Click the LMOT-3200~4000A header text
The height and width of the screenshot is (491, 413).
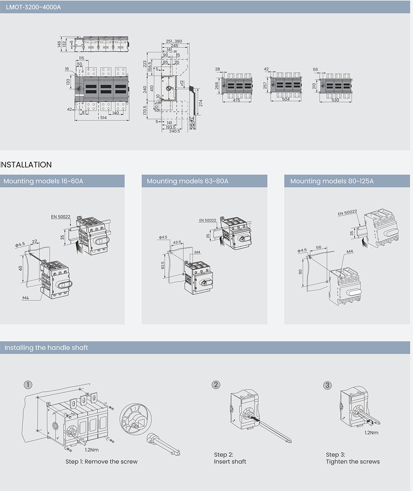(33, 7)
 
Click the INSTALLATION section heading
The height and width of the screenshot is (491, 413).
(26, 165)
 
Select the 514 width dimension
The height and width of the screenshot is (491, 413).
(103, 118)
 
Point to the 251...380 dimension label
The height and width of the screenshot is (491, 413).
(174, 41)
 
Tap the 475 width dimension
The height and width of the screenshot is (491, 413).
(236, 100)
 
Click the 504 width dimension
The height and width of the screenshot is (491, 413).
(285, 100)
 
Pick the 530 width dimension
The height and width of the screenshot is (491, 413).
(335, 100)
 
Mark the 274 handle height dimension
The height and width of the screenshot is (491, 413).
(201, 103)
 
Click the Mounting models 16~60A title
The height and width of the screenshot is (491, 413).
(44, 181)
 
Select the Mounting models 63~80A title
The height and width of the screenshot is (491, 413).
(188, 181)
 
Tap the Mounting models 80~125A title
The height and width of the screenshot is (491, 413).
(332, 181)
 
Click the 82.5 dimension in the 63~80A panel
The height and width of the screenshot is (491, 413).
(163, 265)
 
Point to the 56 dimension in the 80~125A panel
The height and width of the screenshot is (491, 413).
(318, 247)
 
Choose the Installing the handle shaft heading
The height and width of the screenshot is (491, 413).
(46, 348)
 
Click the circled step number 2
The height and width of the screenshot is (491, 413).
(216, 385)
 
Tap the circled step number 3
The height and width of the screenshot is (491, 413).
(328, 385)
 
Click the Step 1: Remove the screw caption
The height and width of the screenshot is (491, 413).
(102, 461)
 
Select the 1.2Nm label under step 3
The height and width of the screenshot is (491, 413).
(371, 433)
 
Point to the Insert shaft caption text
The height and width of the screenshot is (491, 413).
(230, 461)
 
